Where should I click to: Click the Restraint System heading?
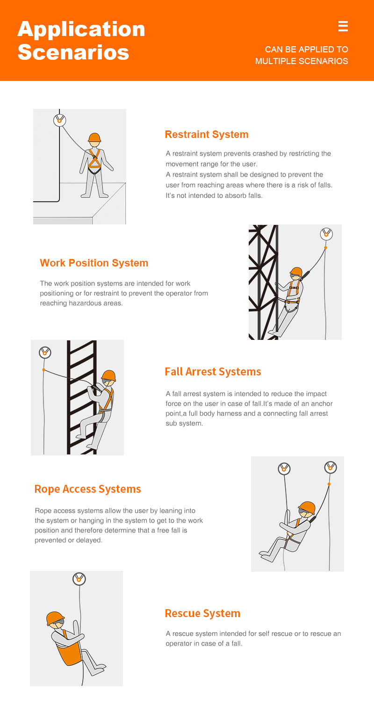pyautogui.click(x=206, y=135)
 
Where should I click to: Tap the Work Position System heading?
pyautogui.click(x=94, y=263)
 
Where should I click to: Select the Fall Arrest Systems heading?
pyautogui.click(x=213, y=372)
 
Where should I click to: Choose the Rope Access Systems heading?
pyautogui.click(x=87, y=489)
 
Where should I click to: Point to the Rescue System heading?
pyautogui.click(x=202, y=613)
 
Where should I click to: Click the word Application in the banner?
pyautogui.click(x=81, y=29)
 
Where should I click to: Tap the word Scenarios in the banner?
pyautogui.click(x=73, y=52)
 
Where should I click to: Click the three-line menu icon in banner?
pyautogui.click(x=343, y=26)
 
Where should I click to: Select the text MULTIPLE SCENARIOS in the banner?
pyautogui.click(x=302, y=61)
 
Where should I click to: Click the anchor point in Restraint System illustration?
pyautogui.click(x=59, y=120)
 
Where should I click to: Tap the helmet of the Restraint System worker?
pyautogui.click(x=94, y=137)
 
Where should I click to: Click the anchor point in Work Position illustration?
pyautogui.click(x=326, y=234)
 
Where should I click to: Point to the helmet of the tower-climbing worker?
pyautogui.click(x=296, y=272)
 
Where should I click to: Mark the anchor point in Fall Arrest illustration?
pyautogui.click(x=44, y=353)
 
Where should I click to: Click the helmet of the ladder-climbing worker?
pyautogui.click(x=108, y=375)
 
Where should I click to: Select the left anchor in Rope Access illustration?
pyautogui.click(x=284, y=468)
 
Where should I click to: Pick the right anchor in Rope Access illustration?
pyautogui.click(x=331, y=467)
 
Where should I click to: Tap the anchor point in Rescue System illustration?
pyautogui.click(x=79, y=579)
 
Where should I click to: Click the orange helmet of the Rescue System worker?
pyautogui.click(x=55, y=618)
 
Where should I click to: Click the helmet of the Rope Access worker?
pyautogui.click(x=307, y=507)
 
